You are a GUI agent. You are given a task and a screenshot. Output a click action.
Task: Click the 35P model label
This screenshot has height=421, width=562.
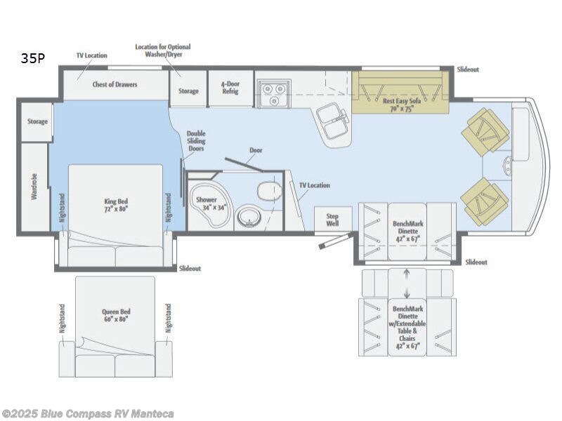32,59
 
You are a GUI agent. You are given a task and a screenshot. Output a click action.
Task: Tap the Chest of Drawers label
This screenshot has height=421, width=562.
115,84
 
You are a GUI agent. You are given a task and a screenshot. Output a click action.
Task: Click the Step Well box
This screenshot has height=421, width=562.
332,220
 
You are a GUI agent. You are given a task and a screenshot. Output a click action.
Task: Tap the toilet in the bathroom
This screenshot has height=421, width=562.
268,191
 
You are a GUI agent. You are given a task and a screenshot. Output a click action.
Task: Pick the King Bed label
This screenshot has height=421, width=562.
115,205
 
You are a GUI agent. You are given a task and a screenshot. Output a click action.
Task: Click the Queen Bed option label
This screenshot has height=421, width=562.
115,315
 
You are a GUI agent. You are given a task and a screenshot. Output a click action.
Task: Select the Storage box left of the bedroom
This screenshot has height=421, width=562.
37,121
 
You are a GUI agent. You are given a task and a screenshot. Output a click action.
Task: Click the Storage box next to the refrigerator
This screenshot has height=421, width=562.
188,91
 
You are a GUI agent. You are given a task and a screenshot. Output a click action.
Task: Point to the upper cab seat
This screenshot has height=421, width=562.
487,131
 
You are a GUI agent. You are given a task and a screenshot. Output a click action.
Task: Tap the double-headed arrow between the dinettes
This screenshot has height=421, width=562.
407,282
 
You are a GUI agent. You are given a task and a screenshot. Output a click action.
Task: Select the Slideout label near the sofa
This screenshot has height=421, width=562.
467,69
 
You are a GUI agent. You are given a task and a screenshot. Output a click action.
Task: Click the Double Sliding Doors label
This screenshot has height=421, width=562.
197,142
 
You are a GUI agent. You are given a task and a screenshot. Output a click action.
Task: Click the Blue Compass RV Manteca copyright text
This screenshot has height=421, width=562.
88,414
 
